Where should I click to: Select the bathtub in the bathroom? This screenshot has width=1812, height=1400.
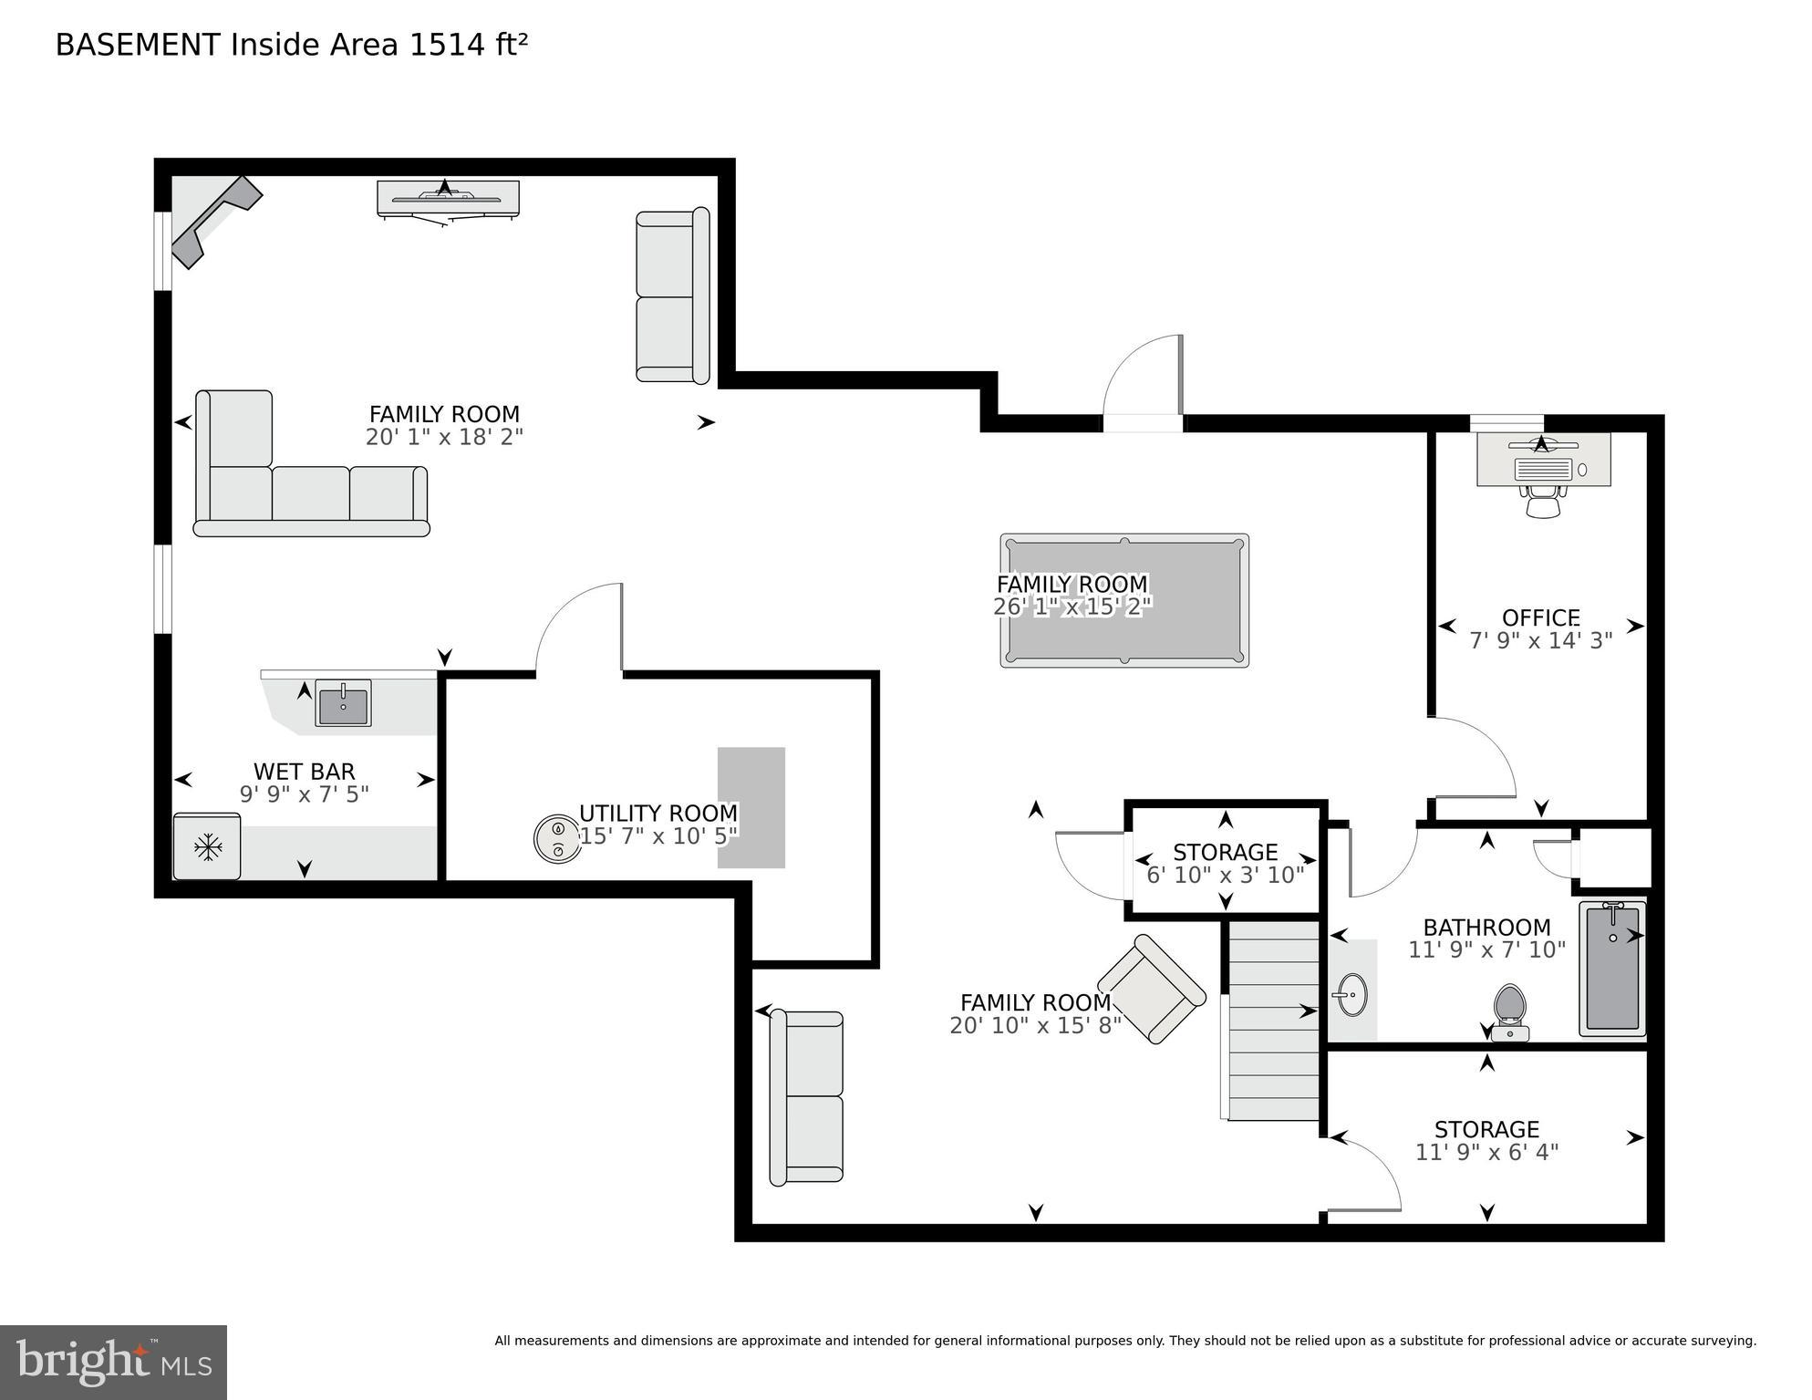[1612, 969]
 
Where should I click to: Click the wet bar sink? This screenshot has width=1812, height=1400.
[343, 703]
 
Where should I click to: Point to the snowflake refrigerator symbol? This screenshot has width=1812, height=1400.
[208, 847]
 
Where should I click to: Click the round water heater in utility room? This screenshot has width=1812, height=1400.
[556, 838]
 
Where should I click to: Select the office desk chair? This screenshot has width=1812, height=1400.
[1542, 502]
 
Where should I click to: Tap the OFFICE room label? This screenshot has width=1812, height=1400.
[1540, 617]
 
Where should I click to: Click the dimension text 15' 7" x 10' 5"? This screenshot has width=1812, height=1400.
[658, 836]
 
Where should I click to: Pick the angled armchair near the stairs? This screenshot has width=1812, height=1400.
[1151, 990]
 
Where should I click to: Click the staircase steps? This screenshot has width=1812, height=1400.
[1272, 1021]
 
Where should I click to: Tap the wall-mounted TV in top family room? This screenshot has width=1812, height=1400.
[448, 198]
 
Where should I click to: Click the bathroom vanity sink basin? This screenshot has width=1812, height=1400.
[1351, 994]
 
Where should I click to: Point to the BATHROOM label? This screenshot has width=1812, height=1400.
[1486, 928]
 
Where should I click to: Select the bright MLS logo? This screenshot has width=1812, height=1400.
[113, 1363]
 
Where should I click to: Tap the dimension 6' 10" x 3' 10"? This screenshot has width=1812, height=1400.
[1225, 876]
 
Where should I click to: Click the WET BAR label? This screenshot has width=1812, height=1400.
[304, 772]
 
